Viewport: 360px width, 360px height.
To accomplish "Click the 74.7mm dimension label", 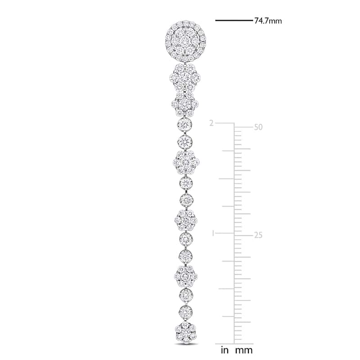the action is coord(268,21).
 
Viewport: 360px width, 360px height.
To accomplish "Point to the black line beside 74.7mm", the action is coord(234,20).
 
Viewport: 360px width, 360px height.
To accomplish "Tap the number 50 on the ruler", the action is coord(258,127).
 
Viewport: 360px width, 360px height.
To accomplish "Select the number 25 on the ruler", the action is coord(258,235).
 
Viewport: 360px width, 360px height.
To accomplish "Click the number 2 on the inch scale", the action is coord(211,123).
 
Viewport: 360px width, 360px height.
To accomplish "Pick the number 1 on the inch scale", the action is coord(213,234).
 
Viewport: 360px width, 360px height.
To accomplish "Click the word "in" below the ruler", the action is coord(225,351).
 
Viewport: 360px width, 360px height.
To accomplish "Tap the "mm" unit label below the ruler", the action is coord(244,351).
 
